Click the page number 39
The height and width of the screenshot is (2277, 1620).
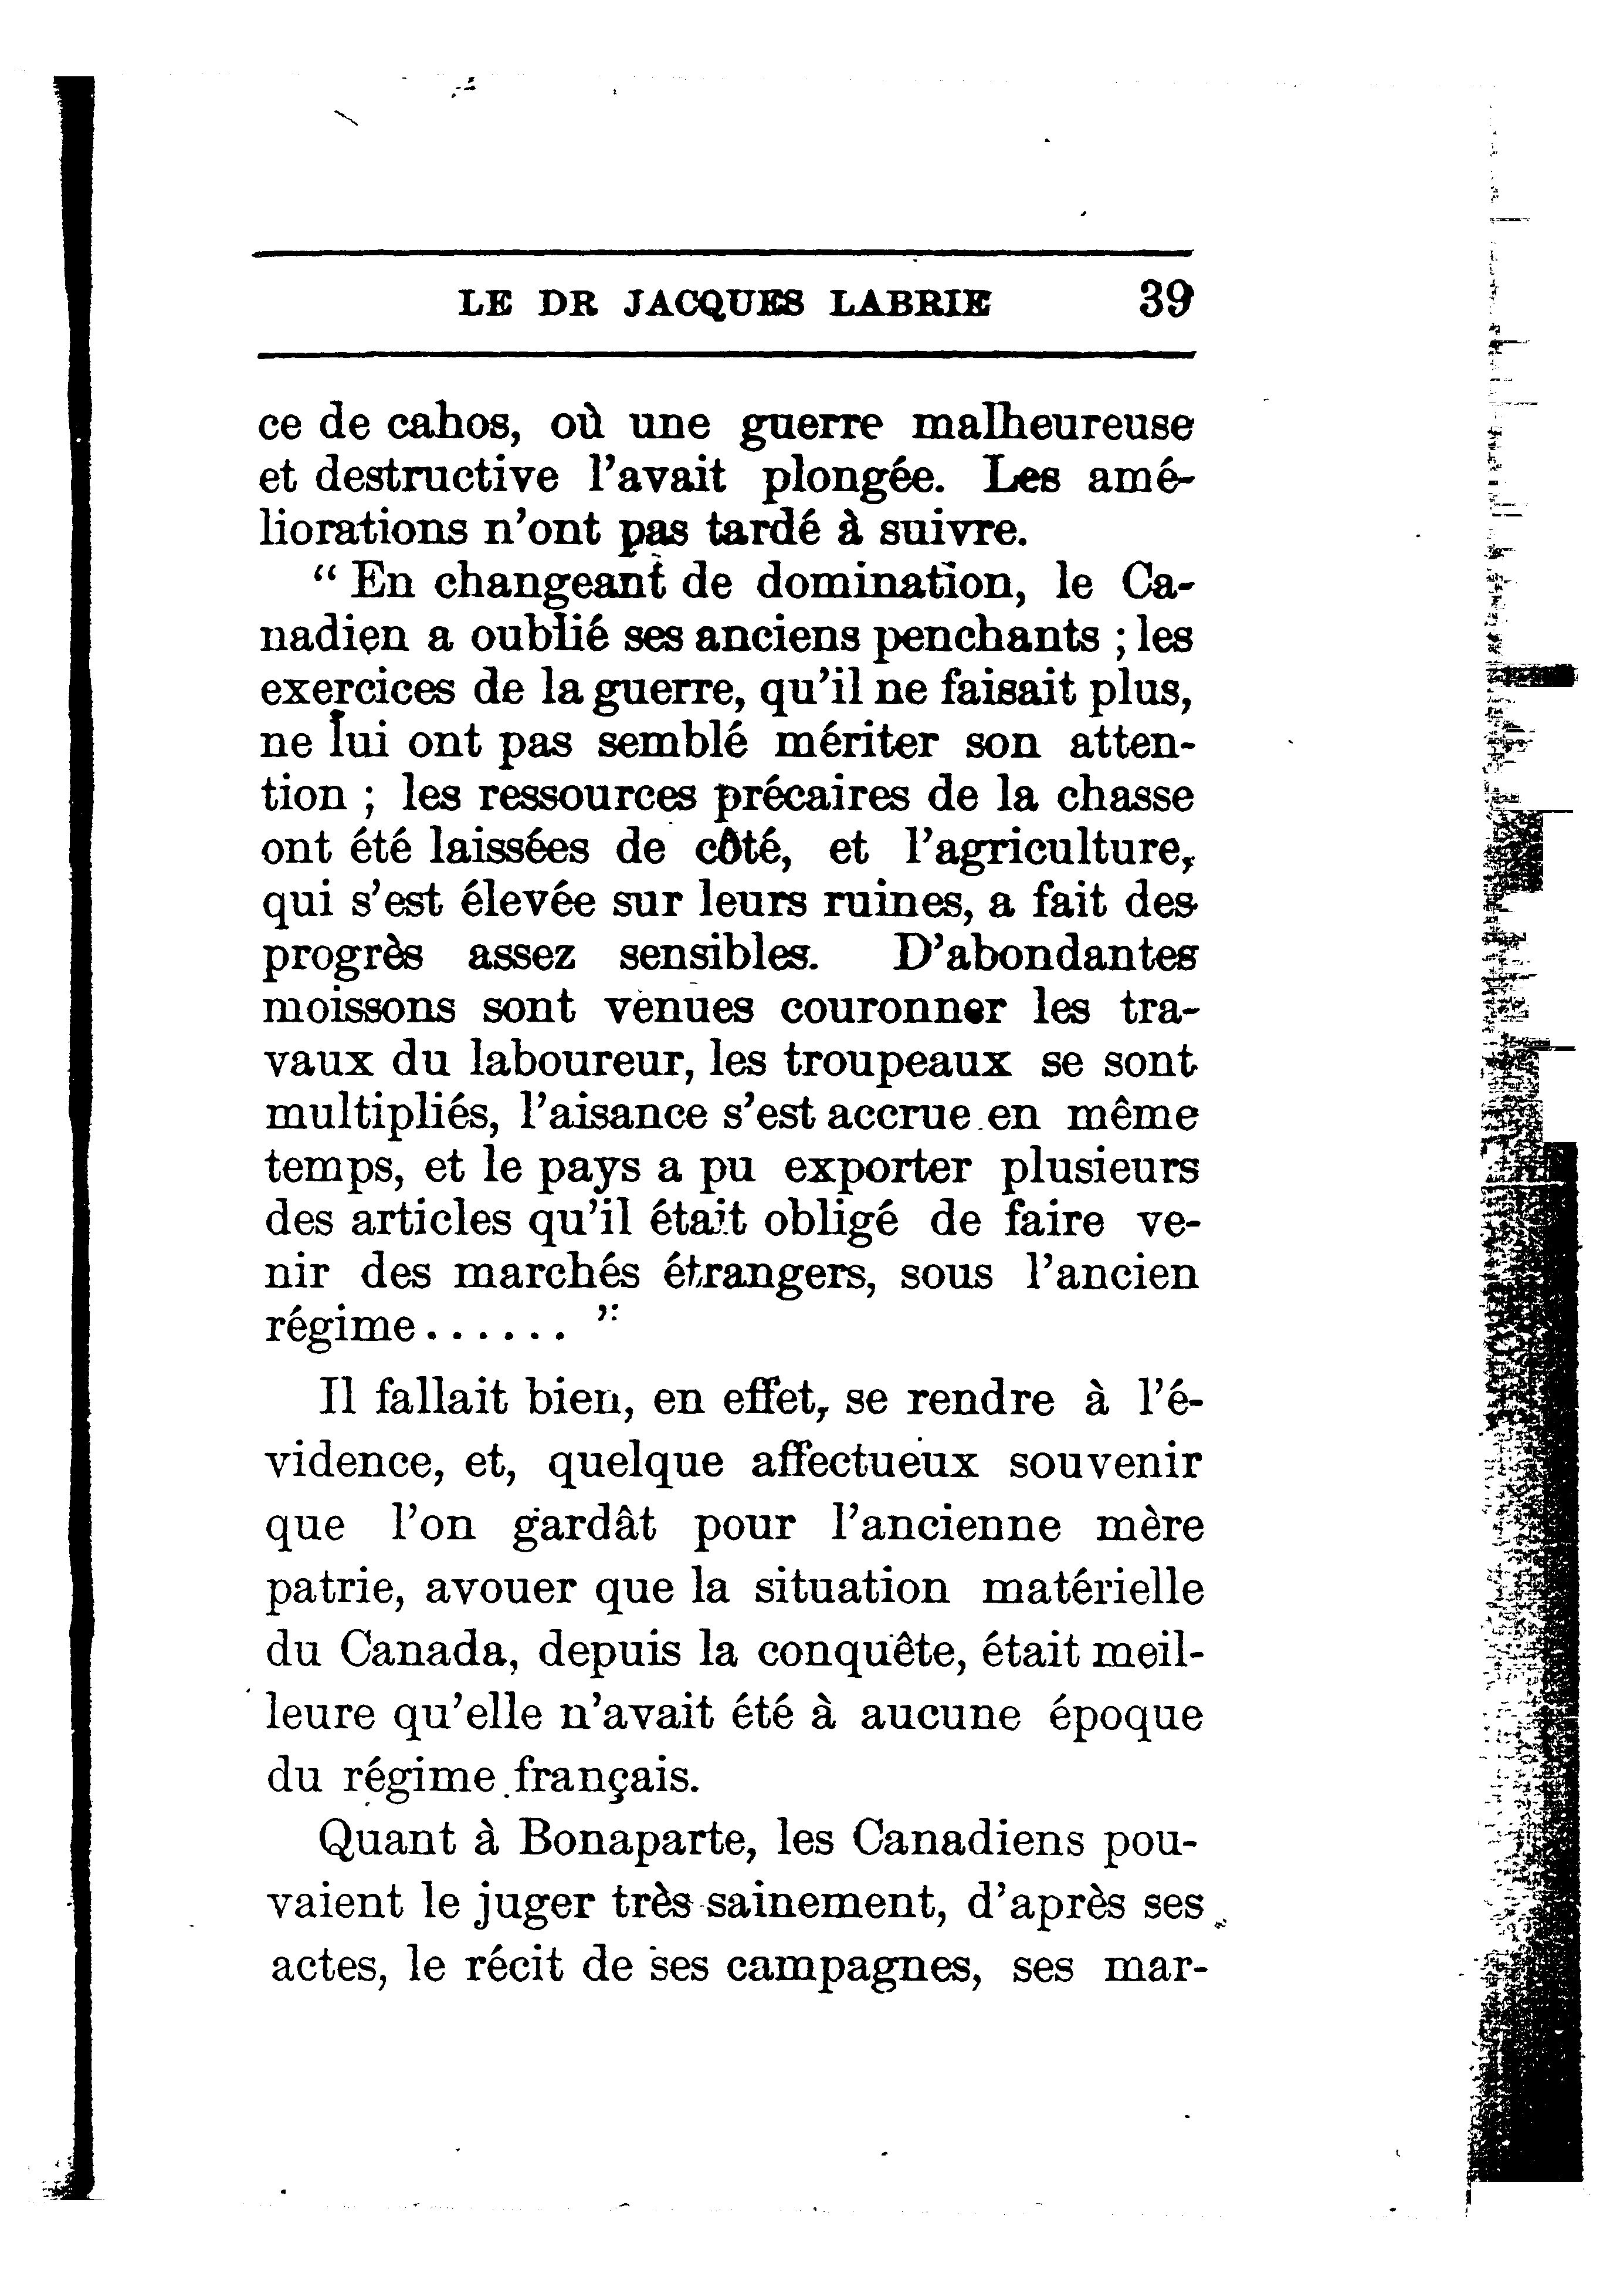(1165, 300)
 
